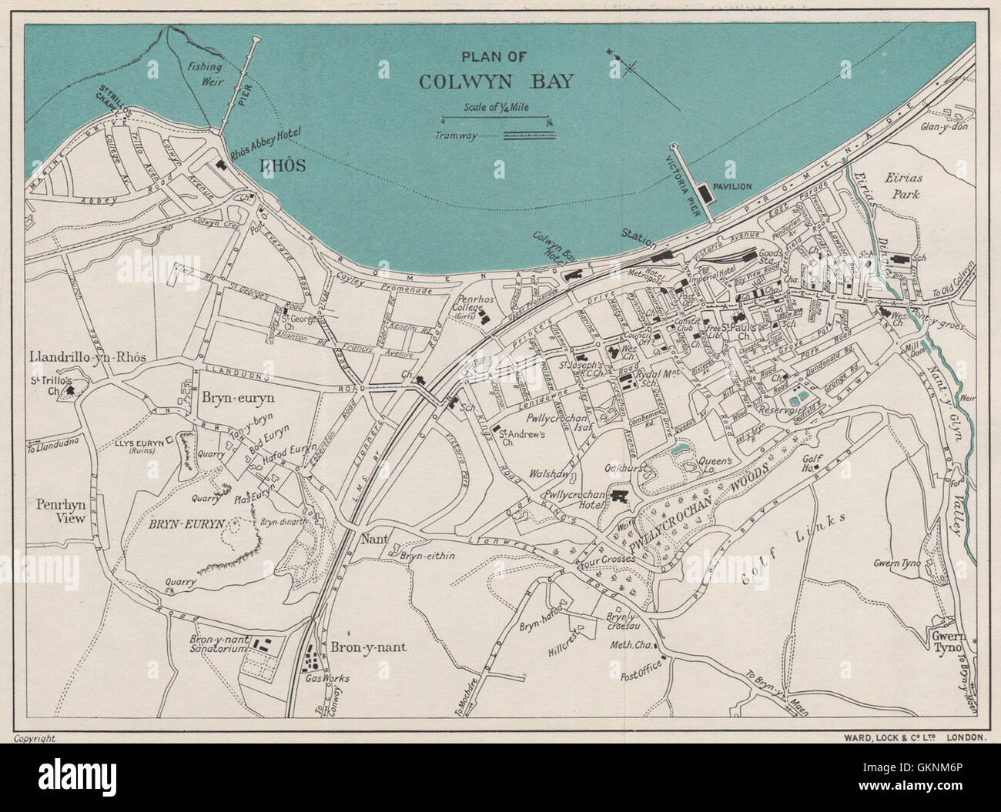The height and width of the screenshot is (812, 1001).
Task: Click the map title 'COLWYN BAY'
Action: click(495, 82)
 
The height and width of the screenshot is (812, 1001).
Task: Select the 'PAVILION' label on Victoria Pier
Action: click(732, 187)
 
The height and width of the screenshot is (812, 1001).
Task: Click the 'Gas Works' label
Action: click(327, 678)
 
